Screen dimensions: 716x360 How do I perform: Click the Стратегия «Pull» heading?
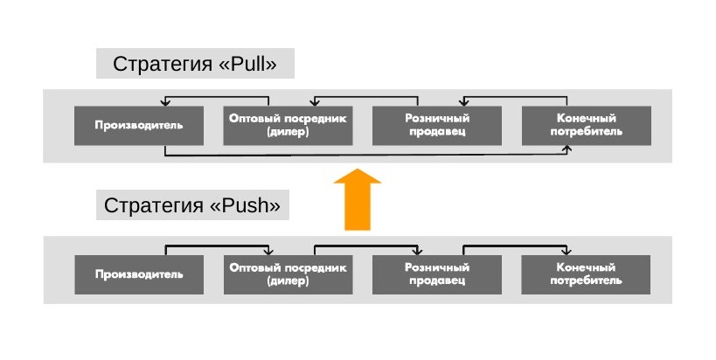point(195,64)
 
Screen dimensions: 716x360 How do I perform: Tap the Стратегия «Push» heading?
point(192,205)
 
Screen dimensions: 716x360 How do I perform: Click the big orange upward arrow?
point(358,199)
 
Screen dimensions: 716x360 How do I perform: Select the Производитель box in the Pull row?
point(139,126)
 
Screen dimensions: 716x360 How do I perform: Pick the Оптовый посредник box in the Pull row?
point(288,126)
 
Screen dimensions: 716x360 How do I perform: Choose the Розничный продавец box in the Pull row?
point(437,126)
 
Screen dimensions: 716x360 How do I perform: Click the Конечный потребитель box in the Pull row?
point(587,126)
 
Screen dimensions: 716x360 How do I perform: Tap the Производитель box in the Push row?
point(139,274)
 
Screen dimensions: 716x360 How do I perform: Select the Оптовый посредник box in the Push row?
point(288,274)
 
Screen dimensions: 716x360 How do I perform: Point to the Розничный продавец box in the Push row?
point(437,274)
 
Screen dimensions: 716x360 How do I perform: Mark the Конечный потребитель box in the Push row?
point(586,274)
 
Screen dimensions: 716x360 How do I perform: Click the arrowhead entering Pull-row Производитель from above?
point(165,103)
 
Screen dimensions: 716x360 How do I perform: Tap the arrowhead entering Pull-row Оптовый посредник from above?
point(315,103)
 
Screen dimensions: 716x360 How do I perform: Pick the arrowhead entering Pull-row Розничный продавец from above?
point(464,103)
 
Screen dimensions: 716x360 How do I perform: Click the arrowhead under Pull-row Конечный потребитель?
point(567,149)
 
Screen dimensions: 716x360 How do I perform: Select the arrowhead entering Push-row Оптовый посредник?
point(268,252)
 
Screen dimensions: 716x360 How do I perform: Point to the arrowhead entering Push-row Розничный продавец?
point(417,252)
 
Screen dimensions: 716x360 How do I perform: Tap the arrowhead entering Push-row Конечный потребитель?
point(567,252)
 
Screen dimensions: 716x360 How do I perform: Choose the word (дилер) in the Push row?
point(288,281)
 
